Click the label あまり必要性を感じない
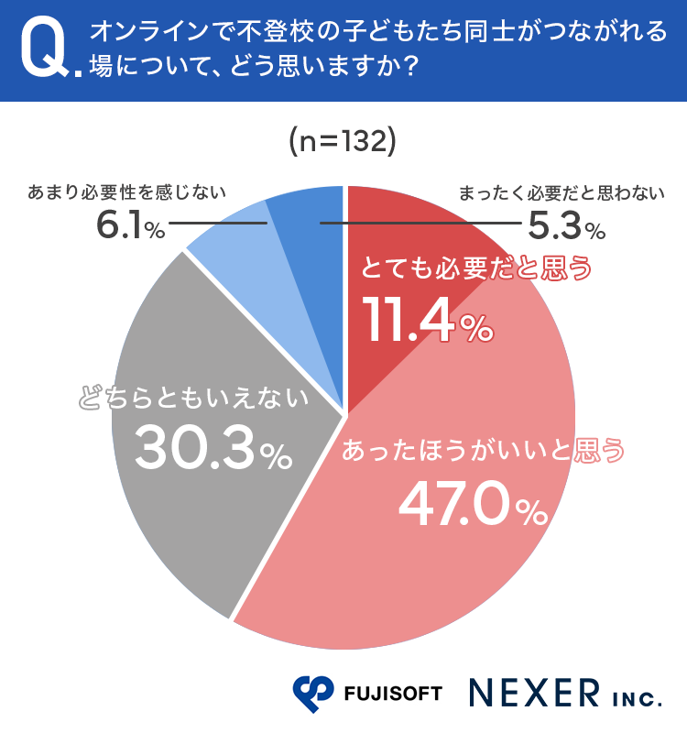tap(127, 193)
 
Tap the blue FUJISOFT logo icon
tap(314, 694)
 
